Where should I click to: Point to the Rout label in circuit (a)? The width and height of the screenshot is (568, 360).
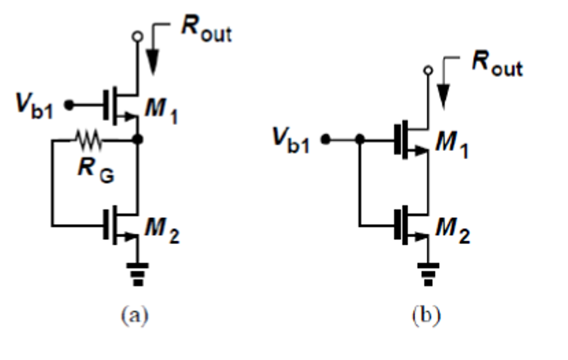[x=206, y=32]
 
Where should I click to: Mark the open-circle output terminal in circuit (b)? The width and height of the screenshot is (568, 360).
[x=428, y=70]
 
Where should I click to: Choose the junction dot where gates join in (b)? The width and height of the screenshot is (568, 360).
[x=359, y=140]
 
